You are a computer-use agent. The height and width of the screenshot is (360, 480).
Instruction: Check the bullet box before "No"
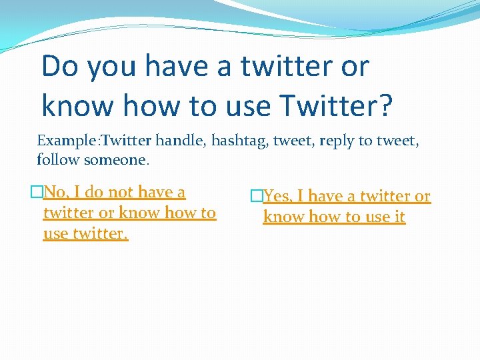37,193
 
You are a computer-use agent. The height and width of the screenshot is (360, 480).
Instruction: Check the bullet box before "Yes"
257,197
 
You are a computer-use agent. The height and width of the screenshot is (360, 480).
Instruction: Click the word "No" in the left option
55,193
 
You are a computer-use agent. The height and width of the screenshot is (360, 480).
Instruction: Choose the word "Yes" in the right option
277,197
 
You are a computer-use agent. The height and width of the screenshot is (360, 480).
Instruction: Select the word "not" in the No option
121,193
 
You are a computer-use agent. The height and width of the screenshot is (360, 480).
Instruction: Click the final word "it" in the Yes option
399,217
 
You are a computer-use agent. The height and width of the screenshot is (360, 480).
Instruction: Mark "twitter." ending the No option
103,234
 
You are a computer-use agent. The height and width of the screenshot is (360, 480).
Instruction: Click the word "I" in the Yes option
300,197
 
